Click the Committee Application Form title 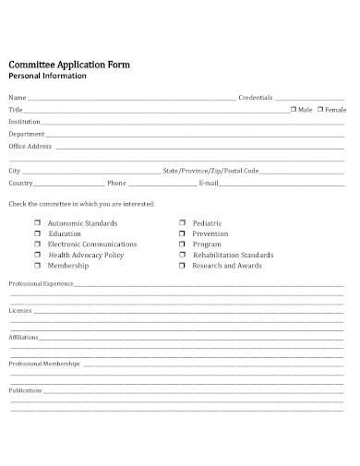[x=69, y=65]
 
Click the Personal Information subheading [x=47, y=77]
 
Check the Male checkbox [x=294, y=110]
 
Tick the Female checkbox [x=319, y=110]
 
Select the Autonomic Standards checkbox [x=38, y=223]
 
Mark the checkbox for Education [x=38, y=233]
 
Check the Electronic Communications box [x=38, y=245]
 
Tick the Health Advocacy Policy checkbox [x=38, y=255]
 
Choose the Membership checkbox [x=38, y=266]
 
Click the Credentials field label [x=256, y=98]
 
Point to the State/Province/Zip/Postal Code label [x=210, y=171]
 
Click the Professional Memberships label [x=44, y=364]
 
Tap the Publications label [x=25, y=390]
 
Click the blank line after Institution [x=194, y=122]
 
